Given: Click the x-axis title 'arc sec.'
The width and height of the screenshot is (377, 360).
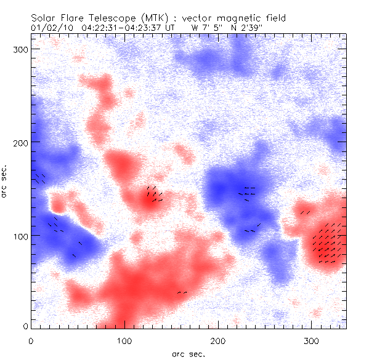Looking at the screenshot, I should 187,354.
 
